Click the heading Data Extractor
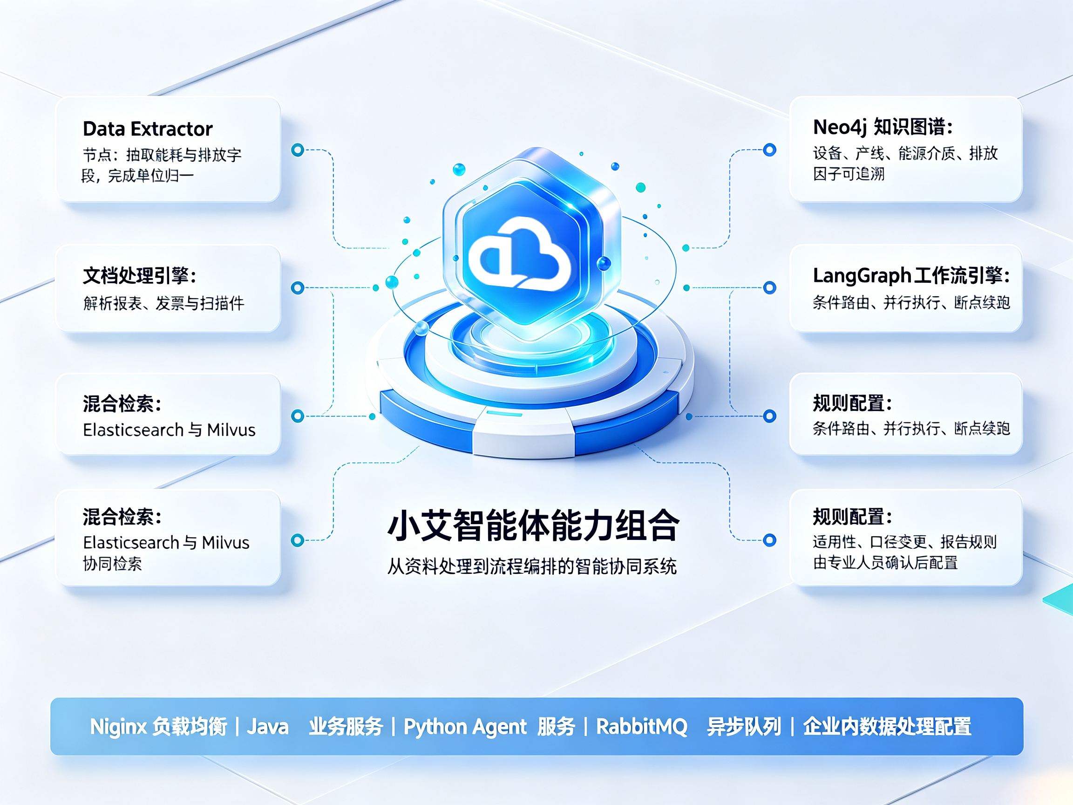(x=148, y=129)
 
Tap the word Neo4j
(x=839, y=128)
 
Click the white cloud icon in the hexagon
(x=520, y=254)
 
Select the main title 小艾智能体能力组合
(x=534, y=525)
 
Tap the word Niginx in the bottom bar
(x=118, y=726)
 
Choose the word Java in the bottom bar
(x=268, y=727)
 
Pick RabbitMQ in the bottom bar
(x=641, y=727)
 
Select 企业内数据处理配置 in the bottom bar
(x=887, y=726)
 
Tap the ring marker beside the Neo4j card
(x=769, y=150)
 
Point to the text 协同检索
(x=113, y=563)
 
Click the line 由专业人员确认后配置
(x=885, y=562)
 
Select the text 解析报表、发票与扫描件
(x=163, y=303)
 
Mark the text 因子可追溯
(x=849, y=174)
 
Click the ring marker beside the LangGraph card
(x=769, y=288)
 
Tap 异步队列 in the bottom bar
(x=744, y=726)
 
